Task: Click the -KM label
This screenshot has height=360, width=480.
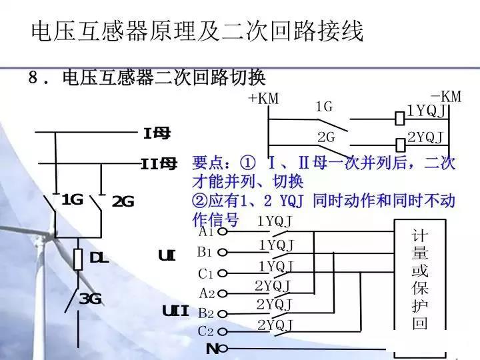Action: point(445,97)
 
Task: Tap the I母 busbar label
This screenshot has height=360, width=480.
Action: point(157,133)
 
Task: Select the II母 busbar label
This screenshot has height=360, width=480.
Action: point(159,163)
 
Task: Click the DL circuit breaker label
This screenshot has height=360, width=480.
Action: point(99,258)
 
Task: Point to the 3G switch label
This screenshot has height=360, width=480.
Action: point(90,299)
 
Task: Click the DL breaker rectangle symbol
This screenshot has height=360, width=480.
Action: point(77,258)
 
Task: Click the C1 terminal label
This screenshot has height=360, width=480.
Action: point(205,273)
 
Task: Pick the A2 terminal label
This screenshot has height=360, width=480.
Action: point(207,293)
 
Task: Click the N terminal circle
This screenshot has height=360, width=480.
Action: point(223,349)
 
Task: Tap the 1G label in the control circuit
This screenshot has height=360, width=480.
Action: point(324,107)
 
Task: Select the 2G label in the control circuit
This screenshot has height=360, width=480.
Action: point(326,137)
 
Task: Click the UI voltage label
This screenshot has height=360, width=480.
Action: point(167,255)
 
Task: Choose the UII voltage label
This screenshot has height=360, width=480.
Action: point(176,311)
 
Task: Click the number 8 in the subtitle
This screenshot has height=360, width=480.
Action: point(33,78)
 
